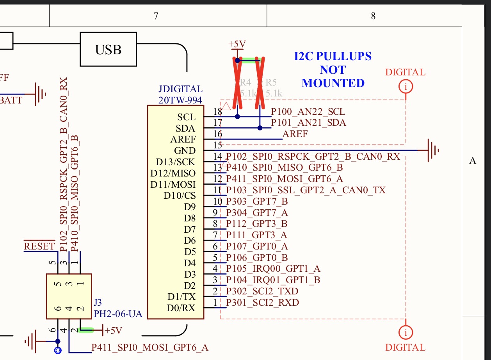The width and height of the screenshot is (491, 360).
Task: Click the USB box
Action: (109, 50)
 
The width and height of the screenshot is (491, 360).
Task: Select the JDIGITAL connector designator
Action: (180, 89)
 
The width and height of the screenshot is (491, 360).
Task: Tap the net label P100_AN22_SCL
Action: (308, 112)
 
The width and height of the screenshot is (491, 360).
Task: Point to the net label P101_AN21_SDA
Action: (308, 123)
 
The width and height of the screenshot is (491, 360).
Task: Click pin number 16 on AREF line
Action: (217, 134)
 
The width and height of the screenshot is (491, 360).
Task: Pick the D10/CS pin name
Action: (180, 195)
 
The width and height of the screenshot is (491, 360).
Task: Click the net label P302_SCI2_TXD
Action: (262, 291)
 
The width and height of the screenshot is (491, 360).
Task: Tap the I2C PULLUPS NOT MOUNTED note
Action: (333, 70)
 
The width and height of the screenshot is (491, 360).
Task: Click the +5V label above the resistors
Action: (237, 44)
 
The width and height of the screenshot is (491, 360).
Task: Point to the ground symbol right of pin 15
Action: (432, 150)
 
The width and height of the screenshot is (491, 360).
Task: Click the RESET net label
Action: (39, 246)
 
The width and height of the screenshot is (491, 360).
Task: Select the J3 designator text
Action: (98, 303)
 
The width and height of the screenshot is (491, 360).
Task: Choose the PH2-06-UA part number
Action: (118, 314)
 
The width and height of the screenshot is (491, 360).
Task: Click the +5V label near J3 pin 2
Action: (114, 331)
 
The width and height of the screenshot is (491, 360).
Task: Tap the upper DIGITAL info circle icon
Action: (406, 86)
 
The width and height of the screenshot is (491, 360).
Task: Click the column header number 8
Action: (373, 16)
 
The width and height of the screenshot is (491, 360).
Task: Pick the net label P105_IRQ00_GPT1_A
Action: (273, 269)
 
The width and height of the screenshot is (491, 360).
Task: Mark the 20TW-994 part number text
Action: (180, 100)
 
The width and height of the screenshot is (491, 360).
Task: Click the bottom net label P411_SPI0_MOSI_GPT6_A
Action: (150, 347)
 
